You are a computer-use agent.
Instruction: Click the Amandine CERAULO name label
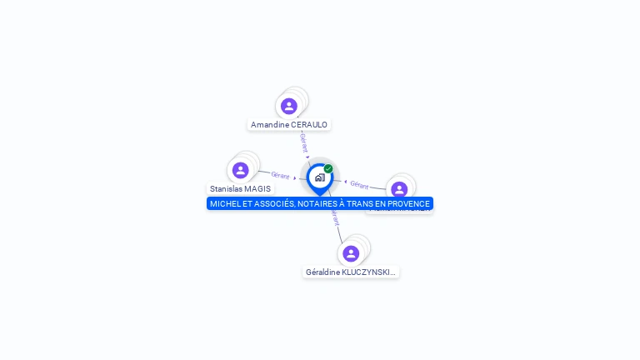pyautogui.click(x=289, y=125)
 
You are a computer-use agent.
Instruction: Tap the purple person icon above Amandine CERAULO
pyautogui.click(x=289, y=106)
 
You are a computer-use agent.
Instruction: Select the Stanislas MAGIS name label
pyautogui.click(x=240, y=189)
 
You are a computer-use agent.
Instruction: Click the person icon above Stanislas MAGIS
pyautogui.click(x=241, y=170)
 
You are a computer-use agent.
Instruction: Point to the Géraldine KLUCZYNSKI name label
pyautogui.click(x=351, y=272)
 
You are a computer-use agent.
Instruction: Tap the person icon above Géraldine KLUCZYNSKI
pyautogui.click(x=351, y=253)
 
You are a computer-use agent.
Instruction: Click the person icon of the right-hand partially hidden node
pyautogui.click(x=399, y=189)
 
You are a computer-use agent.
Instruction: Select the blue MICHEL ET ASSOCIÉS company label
pyautogui.click(x=320, y=204)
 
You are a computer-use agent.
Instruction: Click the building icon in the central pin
pyautogui.click(x=319, y=177)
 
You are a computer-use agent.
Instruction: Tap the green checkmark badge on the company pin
pyautogui.click(x=328, y=169)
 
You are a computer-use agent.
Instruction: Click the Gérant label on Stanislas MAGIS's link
pyautogui.click(x=280, y=175)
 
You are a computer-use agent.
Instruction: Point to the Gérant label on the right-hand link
pyautogui.click(x=359, y=185)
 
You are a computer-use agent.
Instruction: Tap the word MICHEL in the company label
pyautogui.click(x=223, y=204)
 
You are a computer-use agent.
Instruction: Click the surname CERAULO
pyautogui.click(x=309, y=125)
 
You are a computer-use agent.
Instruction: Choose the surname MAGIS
pyautogui.click(x=259, y=189)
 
